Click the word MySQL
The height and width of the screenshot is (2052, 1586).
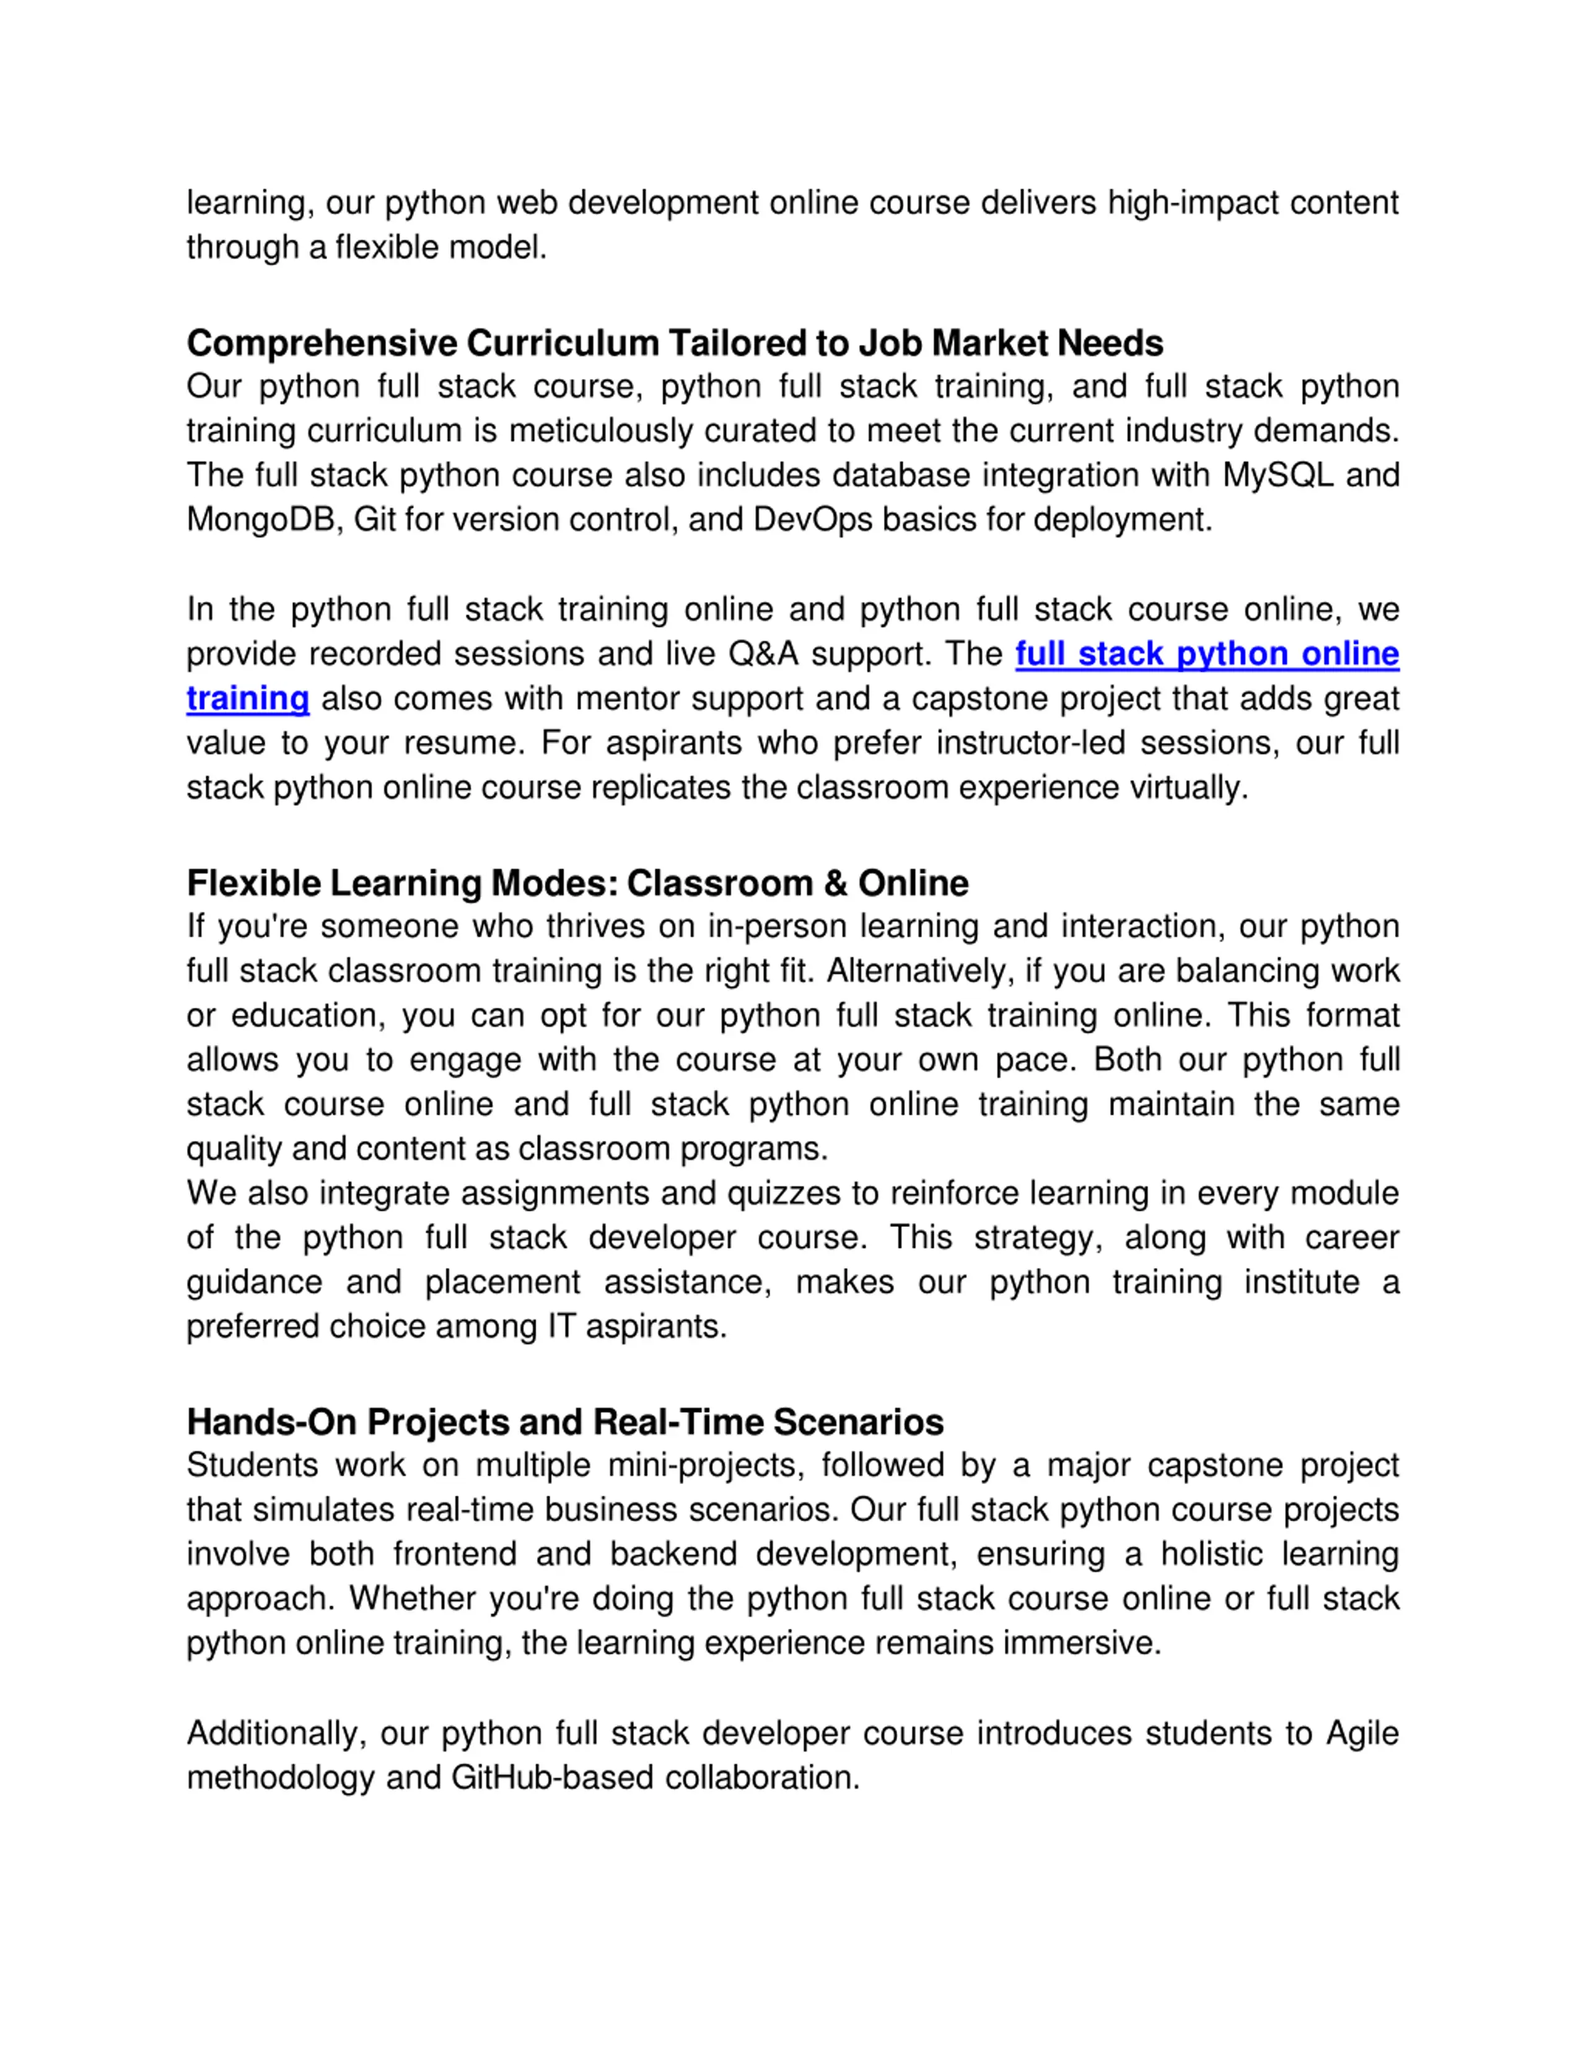pos(1277,476)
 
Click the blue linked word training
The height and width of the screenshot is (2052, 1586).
pos(248,699)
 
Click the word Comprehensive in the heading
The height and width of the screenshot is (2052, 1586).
pos(322,344)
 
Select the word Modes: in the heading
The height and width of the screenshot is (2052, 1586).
pos(554,884)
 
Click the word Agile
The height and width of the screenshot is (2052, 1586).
pos(1362,1734)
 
